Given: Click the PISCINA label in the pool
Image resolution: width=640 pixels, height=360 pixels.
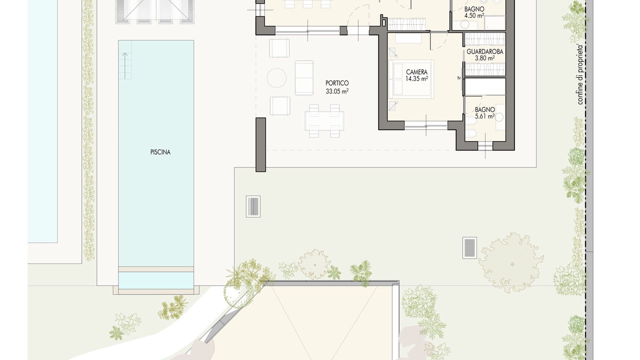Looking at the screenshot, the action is (160, 152).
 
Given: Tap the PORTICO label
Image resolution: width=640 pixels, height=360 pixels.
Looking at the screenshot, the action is (337, 83).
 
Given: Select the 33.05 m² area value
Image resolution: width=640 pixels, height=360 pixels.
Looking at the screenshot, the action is (337, 91).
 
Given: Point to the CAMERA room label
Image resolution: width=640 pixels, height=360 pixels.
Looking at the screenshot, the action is (416, 72).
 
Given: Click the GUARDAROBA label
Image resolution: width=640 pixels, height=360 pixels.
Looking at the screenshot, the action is (485, 51).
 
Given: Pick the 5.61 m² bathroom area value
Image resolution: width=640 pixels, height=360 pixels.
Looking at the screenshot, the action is (485, 116).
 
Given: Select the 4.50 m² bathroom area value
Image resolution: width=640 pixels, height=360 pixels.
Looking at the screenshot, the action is (474, 15).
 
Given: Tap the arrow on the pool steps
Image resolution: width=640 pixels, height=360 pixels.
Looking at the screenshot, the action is (125, 65).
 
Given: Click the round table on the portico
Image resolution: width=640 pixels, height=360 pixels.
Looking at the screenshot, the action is (276, 77).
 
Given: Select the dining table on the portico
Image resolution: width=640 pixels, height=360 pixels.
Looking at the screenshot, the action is (324, 121).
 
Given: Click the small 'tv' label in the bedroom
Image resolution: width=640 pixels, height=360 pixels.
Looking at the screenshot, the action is (459, 77).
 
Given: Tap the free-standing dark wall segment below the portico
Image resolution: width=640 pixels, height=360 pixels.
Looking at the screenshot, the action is (260, 144).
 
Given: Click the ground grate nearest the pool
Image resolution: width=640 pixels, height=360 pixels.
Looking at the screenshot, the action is (253, 206).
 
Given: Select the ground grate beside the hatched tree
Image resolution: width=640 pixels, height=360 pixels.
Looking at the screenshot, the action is (469, 248).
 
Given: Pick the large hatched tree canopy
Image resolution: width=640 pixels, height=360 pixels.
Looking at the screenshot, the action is (511, 262).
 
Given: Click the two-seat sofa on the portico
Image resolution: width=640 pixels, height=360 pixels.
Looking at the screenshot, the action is (304, 77).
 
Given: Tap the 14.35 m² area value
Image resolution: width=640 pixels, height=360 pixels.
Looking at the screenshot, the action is (416, 78).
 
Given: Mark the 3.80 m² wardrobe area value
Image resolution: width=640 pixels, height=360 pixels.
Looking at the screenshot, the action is (485, 58).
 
